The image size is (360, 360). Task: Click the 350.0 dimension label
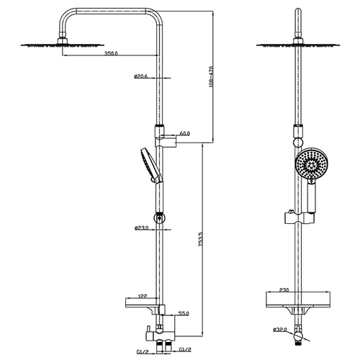pos(111,53)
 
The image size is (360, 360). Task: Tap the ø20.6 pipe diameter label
pos(141,76)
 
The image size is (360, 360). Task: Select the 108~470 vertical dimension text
pos(211,76)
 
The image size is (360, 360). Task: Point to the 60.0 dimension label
pos(184,133)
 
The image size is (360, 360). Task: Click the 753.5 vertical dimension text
pos(201,239)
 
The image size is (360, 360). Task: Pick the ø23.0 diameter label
pos(142,228)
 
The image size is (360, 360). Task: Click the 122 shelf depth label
pos(143,297)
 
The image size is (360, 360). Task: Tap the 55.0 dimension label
pos(184,313)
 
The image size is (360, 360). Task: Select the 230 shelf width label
pos(284,290)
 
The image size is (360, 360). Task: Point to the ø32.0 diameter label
pos(280,330)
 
